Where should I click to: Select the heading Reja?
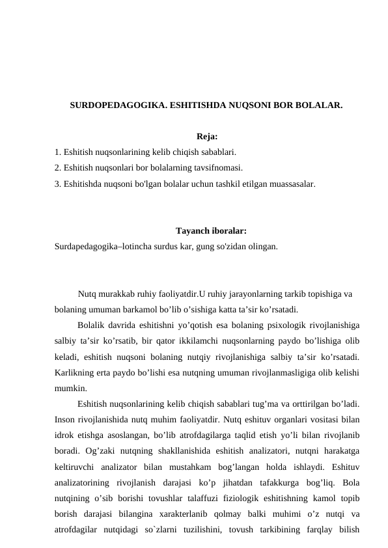coord(206,137)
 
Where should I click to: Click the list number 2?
coord(58,167)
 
